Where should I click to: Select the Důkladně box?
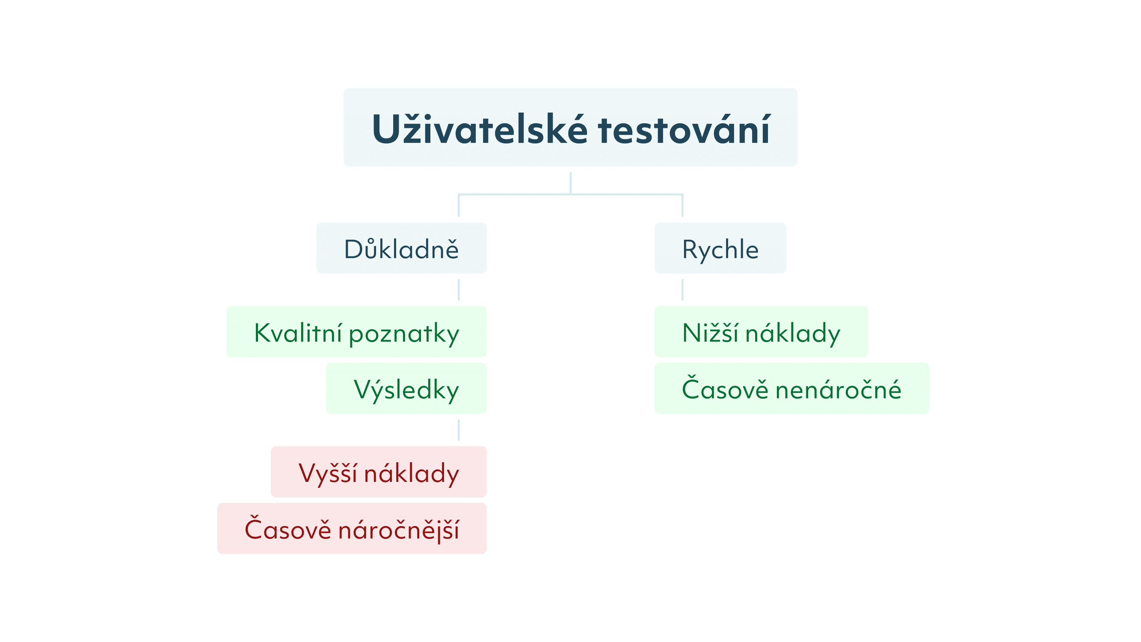click(x=401, y=248)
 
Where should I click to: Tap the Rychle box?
click(x=720, y=248)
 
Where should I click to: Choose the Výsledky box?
click(x=406, y=388)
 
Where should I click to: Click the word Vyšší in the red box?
click(x=328, y=473)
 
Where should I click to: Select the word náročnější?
click(x=399, y=529)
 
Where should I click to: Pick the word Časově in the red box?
click(x=288, y=528)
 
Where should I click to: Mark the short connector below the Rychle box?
click(x=682, y=290)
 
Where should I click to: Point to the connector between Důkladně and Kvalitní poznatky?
click(x=459, y=290)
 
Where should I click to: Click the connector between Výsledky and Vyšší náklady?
click(x=459, y=430)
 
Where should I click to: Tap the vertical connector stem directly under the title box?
click(x=571, y=183)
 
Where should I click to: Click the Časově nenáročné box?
click(x=792, y=388)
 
